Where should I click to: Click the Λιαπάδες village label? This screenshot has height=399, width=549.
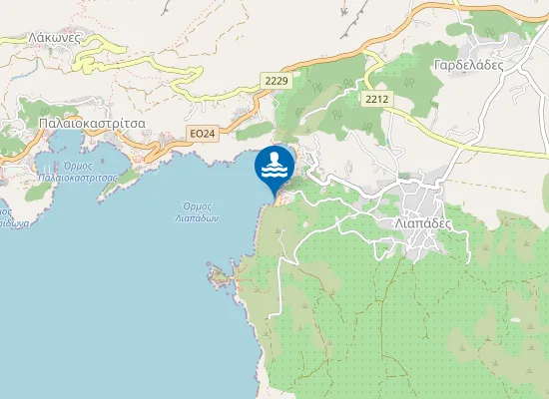tap(424, 223)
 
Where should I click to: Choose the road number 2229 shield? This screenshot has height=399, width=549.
tap(276, 79)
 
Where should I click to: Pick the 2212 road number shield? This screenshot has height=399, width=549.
tap(376, 99)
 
